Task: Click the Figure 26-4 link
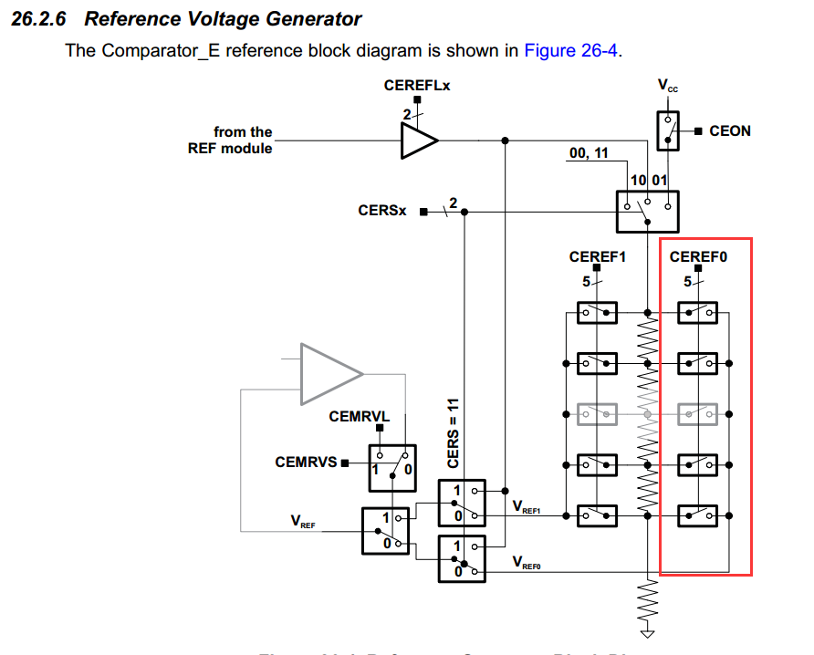click(571, 50)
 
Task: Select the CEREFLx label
click(417, 87)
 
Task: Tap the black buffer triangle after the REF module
click(419, 140)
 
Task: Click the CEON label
click(729, 131)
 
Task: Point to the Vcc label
click(668, 86)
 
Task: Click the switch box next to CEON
click(668, 130)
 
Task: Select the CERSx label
click(382, 211)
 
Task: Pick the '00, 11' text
click(588, 153)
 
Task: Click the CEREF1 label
click(597, 257)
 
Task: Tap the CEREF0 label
click(698, 257)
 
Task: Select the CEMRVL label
click(360, 417)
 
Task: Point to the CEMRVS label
click(307, 463)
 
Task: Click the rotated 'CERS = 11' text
click(453, 433)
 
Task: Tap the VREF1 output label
click(527, 507)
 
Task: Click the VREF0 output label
click(527, 562)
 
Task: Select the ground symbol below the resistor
click(648, 632)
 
